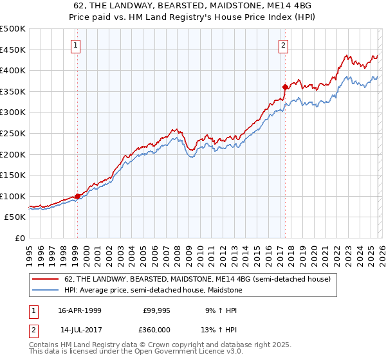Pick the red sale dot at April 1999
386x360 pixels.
pos(78,196)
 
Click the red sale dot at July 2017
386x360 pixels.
pos(284,86)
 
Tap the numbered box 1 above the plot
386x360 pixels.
pos(77,45)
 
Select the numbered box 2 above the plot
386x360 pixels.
pos(283,45)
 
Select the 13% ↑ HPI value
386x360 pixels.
pos(220,330)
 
